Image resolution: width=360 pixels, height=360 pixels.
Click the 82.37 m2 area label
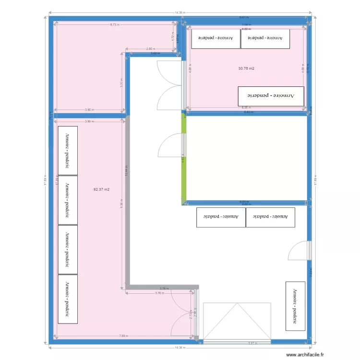click(x=101, y=190)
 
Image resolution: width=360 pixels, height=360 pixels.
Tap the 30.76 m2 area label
click(x=246, y=69)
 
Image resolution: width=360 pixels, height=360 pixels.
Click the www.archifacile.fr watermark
click(x=305, y=355)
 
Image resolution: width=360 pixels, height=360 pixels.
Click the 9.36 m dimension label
click(x=121, y=204)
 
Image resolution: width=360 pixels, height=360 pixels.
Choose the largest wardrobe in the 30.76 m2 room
click(x=271, y=96)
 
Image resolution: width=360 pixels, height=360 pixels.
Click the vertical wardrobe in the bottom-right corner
click(x=295, y=306)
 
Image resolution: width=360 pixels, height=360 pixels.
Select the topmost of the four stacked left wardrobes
click(x=68, y=150)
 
